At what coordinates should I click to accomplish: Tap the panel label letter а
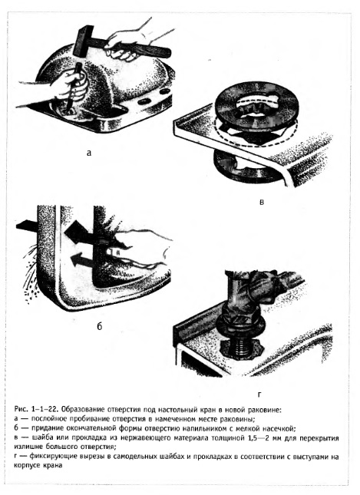tap(89, 153)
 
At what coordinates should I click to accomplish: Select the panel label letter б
tap(100, 326)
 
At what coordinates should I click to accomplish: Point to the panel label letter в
tap(262, 202)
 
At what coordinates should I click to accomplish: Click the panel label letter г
tap(259, 394)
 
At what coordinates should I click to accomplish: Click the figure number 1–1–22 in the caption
tap(44, 410)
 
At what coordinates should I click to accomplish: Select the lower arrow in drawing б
tap(81, 260)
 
